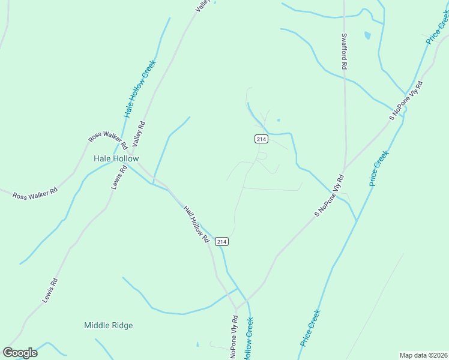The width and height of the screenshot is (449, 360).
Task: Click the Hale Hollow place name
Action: [116, 158]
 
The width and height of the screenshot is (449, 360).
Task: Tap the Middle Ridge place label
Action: [108, 325]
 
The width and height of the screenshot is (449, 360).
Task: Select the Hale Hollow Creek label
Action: [140, 88]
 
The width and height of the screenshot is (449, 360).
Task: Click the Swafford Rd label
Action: [345, 52]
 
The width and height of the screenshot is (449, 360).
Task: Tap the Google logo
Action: [20, 353]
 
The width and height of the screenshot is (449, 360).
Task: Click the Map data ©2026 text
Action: [424, 355]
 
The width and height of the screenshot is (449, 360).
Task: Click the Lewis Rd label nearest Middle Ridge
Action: [50, 290]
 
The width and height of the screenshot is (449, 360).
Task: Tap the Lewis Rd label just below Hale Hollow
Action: [119, 178]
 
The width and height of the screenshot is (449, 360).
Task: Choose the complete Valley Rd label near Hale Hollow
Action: [139, 135]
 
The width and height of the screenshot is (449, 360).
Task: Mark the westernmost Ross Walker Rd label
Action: [35, 193]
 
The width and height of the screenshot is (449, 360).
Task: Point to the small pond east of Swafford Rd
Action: [367, 35]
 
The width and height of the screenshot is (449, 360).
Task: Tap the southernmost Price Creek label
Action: [310, 328]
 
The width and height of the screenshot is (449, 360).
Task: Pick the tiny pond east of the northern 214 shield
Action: [278, 120]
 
